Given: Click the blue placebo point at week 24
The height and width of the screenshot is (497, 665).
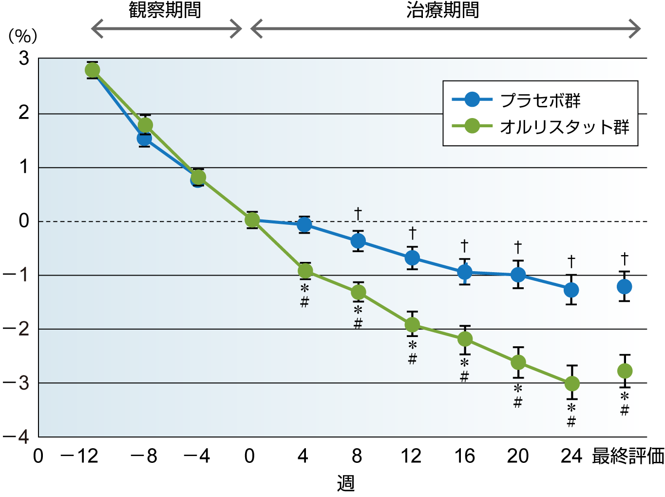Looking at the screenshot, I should point(571,290).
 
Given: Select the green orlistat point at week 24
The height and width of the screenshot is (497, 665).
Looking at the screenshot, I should point(572,384).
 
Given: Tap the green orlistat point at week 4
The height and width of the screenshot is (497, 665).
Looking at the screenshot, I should point(305,271).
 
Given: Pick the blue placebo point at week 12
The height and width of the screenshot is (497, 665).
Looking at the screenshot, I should point(412,258).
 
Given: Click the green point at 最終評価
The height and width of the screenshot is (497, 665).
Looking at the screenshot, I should point(625,371).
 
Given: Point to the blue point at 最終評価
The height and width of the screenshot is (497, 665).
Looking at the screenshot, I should point(625,286).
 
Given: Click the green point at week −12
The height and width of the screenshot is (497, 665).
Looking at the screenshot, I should point(92,70).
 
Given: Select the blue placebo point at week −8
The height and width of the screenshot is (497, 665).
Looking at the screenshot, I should point(144,139).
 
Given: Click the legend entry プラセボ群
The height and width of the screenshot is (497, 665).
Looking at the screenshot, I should point(540,100).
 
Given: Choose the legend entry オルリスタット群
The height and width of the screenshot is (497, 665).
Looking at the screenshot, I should point(564,127).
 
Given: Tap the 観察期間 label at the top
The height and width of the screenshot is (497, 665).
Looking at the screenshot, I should point(165,10).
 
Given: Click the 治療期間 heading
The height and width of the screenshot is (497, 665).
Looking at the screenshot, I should point(442,10).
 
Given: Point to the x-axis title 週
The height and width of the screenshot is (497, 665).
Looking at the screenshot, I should point(345,483).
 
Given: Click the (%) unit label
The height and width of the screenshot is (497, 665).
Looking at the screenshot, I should point(23,36).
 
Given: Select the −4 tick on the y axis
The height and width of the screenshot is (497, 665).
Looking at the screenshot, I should point(17,437).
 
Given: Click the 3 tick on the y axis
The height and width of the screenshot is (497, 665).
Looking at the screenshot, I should point(24,59).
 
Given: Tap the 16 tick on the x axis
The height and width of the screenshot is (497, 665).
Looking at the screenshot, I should point(464,456).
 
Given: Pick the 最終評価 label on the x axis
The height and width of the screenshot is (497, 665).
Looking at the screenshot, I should point(627,456).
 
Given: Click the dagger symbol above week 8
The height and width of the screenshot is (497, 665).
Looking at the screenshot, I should point(358,213).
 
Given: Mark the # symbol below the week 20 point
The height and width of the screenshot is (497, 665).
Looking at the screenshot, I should point(518,402).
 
